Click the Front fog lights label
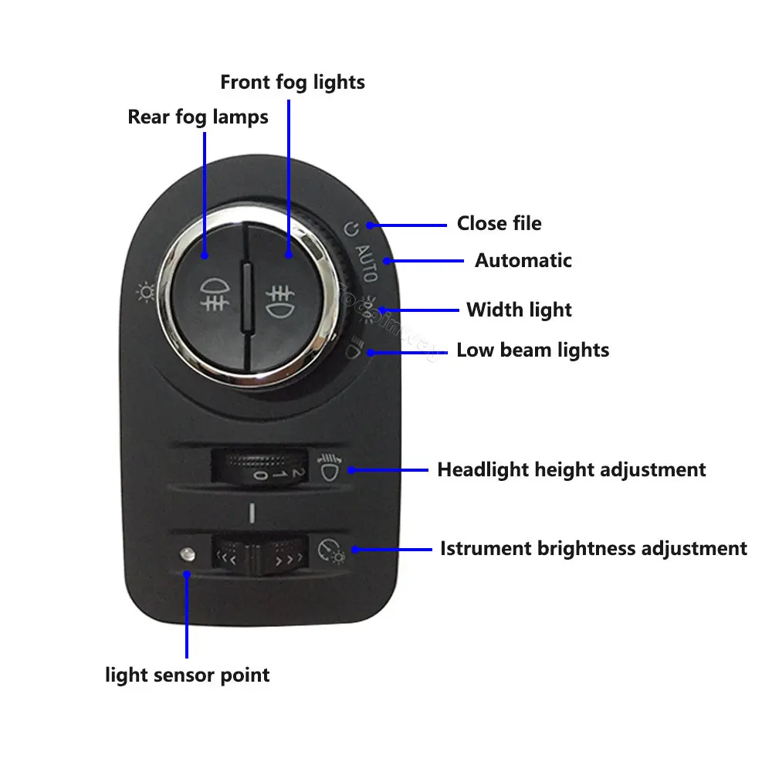(293, 82)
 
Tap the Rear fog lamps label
(198, 117)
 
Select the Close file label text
(499, 224)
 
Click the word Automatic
(523, 260)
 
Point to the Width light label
(519, 310)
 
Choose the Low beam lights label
(533, 350)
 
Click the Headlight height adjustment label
(571, 469)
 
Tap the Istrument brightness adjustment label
(593, 549)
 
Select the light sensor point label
(188, 675)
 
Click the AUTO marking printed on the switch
(366, 262)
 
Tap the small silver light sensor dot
(185, 554)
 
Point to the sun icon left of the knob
(144, 293)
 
